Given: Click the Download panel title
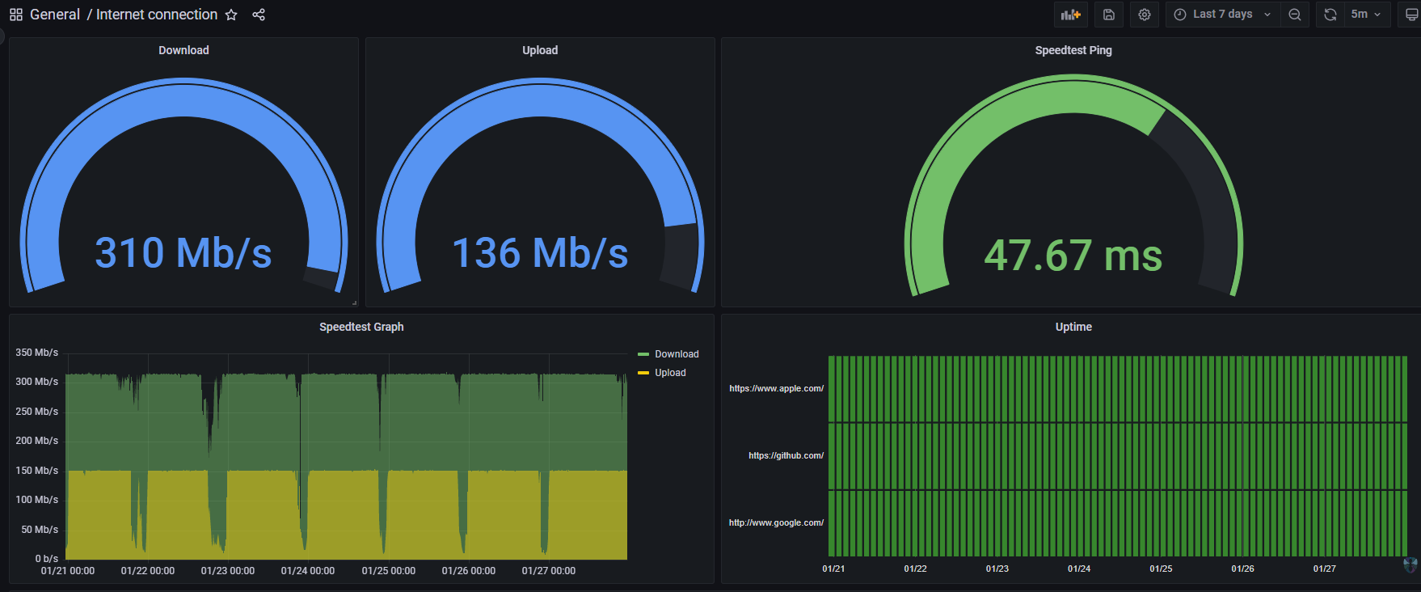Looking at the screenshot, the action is [x=183, y=50].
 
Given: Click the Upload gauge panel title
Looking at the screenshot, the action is [x=540, y=50].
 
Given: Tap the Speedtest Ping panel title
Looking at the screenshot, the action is [x=1073, y=50].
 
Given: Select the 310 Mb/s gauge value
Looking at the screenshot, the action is [x=183, y=253].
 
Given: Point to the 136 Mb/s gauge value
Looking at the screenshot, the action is [x=540, y=253].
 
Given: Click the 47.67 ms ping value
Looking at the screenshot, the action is [x=1073, y=256].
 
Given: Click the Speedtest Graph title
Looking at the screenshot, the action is [x=361, y=327].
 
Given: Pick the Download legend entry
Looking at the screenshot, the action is [x=668, y=354].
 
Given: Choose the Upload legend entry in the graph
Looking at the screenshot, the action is [x=662, y=373].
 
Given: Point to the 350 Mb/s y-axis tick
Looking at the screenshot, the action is [x=37, y=353].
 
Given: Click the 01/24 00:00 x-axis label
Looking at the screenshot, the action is [x=308, y=571].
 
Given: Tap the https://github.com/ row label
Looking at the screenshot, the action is [x=786, y=455].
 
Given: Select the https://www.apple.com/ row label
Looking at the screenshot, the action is [x=776, y=388].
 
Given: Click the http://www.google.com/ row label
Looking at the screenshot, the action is [x=776, y=522].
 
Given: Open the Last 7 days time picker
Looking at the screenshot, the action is [x=1223, y=15].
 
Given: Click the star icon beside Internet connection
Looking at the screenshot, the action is [x=231, y=15].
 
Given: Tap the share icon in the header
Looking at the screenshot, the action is [x=259, y=15].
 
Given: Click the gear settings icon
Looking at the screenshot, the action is [x=1145, y=15].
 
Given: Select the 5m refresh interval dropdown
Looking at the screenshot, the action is [x=1366, y=15].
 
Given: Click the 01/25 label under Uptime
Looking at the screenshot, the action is [x=1161, y=569].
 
